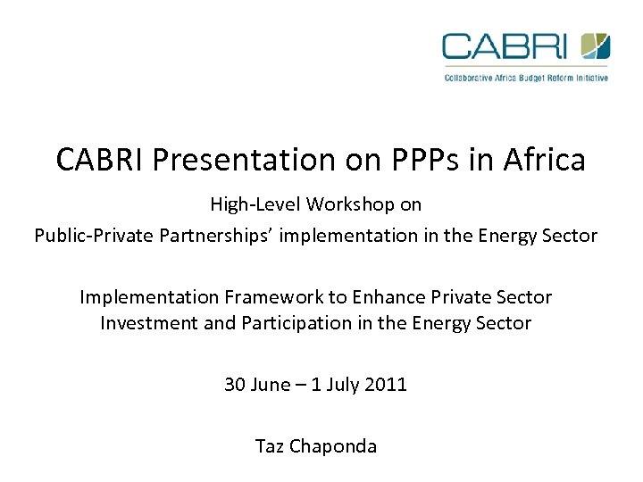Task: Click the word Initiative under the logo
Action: [x=591, y=78]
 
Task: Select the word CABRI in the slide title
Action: [x=100, y=160]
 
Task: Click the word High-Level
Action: [x=255, y=204]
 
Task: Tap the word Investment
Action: [x=149, y=323]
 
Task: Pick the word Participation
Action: [x=284, y=323]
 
